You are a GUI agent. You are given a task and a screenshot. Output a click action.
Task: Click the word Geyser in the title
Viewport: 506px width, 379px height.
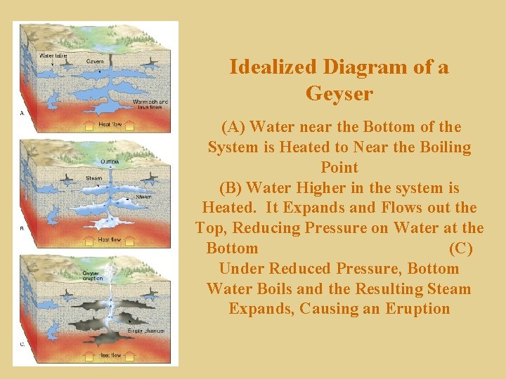point(339,93)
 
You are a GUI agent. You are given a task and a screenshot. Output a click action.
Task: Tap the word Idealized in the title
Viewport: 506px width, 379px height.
point(274,67)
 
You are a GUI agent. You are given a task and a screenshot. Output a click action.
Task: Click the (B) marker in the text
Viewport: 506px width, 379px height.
point(232,188)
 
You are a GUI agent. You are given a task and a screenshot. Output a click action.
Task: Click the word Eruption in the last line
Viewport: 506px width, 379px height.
point(417,309)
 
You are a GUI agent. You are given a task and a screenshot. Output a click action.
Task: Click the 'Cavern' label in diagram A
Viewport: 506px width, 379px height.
point(95,61)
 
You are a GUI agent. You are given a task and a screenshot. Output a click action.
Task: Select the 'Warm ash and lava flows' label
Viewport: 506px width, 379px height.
point(150,104)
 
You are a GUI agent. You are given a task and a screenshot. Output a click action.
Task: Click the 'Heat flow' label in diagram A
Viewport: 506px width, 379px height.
point(110,124)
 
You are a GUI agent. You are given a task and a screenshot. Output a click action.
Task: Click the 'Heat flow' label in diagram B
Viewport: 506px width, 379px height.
point(110,239)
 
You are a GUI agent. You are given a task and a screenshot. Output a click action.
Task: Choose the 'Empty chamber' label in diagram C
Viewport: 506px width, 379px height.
point(145,331)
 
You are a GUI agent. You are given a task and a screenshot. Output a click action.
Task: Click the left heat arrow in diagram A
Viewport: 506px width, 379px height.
point(89,127)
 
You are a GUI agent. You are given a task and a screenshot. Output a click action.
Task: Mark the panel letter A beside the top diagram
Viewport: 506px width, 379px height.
point(22,112)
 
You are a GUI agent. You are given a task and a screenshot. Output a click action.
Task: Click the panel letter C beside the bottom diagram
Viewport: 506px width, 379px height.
point(22,344)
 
